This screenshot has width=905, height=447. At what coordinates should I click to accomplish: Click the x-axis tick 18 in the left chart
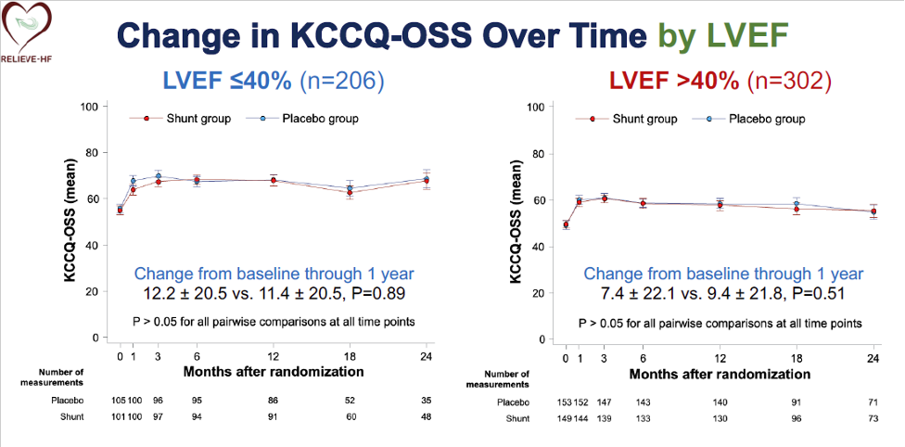pos(350,357)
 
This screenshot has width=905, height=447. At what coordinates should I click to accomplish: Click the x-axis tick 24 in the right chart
pos(873,357)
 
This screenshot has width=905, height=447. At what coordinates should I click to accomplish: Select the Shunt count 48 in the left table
pos(427,416)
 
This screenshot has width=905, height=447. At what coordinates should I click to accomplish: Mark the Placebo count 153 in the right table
pos(566,402)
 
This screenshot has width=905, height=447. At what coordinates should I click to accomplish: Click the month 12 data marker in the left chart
pos(273,180)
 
